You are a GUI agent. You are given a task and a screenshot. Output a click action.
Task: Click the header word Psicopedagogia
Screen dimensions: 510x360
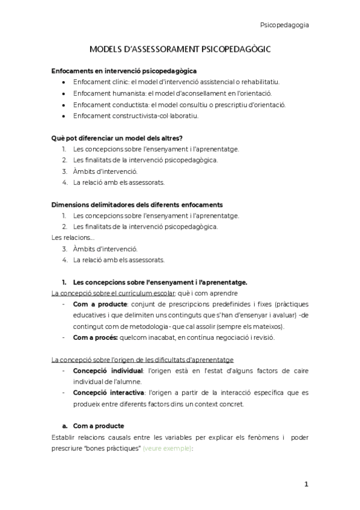click(284, 25)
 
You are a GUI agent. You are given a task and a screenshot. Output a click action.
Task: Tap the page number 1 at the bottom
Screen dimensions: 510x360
click(306, 484)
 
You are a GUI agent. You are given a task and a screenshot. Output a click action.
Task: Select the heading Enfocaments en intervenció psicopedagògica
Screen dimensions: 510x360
click(124, 70)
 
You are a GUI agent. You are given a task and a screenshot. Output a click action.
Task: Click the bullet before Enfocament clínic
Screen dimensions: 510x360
click(64, 82)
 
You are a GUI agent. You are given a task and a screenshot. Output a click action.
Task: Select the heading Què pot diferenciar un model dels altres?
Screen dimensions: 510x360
click(117, 138)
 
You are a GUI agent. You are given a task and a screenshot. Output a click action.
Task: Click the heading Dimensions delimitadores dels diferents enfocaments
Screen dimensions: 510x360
click(138, 204)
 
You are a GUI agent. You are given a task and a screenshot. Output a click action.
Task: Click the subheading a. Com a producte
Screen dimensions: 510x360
click(93, 426)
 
